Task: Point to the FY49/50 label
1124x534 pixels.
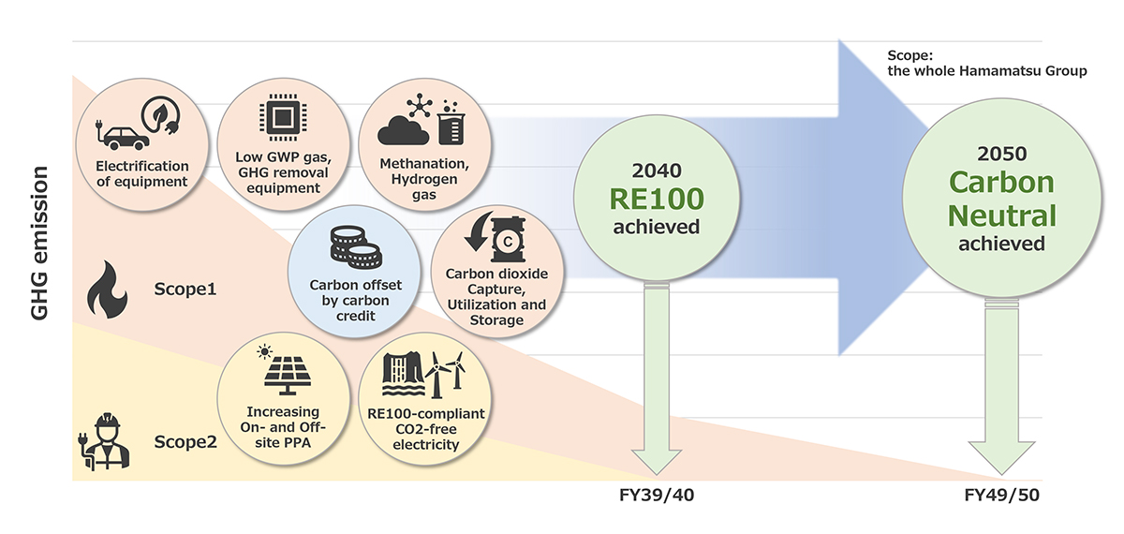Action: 1002,496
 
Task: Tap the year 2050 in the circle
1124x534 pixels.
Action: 1001,153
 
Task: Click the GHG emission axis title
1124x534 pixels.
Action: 39,244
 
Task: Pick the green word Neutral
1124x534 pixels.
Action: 1001,215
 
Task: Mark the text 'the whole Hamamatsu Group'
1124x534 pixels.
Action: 987,71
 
